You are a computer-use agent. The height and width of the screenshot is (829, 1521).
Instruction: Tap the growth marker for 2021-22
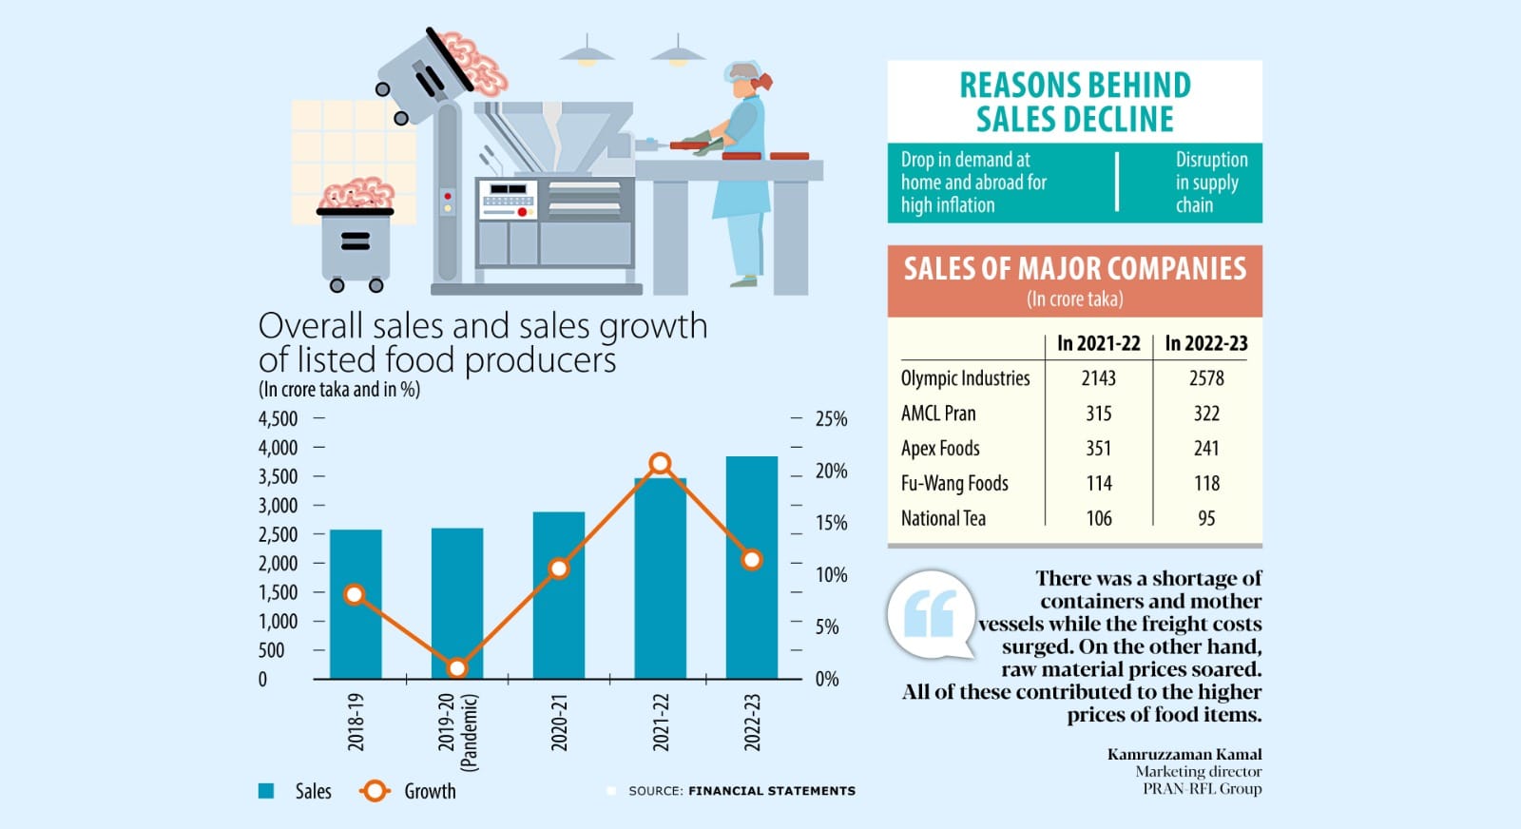click(x=661, y=464)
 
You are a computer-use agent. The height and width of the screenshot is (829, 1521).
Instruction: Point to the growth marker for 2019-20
click(x=457, y=668)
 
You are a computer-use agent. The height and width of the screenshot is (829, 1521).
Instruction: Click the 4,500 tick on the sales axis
click(x=278, y=419)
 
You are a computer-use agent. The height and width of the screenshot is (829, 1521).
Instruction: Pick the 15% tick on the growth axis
click(x=831, y=523)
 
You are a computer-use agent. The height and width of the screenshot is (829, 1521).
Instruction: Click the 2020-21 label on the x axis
click(x=559, y=723)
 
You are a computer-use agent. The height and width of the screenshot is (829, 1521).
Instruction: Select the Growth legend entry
click(x=429, y=791)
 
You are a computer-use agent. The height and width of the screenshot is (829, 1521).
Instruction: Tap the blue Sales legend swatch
click(x=267, y=791)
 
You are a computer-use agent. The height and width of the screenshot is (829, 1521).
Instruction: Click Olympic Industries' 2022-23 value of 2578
click(x=1206, y=378)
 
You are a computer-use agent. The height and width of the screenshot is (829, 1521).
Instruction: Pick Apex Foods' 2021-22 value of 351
click(x=1099, y=449)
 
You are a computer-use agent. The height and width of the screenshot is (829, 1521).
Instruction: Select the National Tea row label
click(x=943, y=518)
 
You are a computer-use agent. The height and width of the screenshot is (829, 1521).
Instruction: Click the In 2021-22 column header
click(x=1098, y=344)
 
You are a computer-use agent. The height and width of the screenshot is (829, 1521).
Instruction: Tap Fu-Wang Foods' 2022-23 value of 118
click(x=1206, y=484)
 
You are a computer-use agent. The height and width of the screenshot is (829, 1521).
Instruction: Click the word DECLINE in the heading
click(x=1074, y=120)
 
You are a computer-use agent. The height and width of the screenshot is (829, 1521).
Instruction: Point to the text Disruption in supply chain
click(x=1211, y=183)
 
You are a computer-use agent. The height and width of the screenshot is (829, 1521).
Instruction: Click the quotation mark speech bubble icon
click(x=931, y=615)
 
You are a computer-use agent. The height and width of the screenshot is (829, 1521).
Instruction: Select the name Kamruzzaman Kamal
click(x=1184, y=754)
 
